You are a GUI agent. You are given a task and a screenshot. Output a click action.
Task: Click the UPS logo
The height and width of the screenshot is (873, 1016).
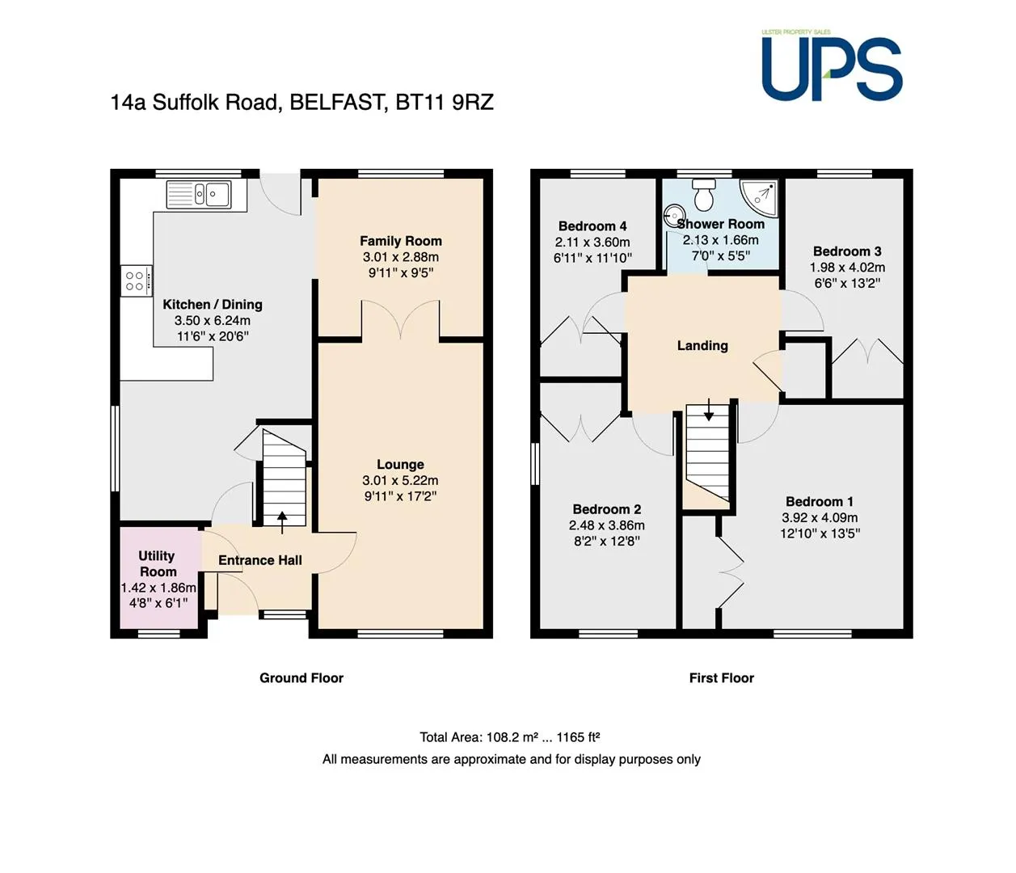click(x=832, y=66)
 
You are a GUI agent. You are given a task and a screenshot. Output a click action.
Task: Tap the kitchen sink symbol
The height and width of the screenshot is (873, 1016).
click(x=199, y=195)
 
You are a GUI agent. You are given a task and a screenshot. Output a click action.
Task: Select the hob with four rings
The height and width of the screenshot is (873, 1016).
click(x=136, y=280)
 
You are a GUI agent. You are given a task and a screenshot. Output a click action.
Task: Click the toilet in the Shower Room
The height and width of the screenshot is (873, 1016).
click(x=704, y=194)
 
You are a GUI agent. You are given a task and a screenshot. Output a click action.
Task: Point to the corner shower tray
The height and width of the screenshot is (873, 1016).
click(x=760, y=197)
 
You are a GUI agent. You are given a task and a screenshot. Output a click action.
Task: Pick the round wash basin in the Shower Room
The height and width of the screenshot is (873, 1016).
click(x=674, y=216)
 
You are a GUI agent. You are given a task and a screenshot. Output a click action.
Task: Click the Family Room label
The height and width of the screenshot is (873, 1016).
click(x=401, y=241)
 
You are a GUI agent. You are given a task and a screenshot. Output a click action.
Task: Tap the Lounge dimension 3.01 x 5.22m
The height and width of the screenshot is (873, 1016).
click(x=400, y=480)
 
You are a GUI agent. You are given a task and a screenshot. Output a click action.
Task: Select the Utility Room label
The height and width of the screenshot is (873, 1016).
click(x=158, y=564)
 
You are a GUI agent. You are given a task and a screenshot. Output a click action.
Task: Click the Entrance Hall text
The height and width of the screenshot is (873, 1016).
click(x=260, y=560)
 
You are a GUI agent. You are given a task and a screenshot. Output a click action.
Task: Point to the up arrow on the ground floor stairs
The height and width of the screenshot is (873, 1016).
click(x=282, y=522)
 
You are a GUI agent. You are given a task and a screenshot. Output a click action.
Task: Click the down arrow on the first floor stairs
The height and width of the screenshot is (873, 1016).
click(x=709, y=410)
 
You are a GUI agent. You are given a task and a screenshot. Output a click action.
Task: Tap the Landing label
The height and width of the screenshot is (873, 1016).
click(x=702, y=346)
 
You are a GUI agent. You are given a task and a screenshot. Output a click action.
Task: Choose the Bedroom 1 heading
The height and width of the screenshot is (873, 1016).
click(x=820, y=501)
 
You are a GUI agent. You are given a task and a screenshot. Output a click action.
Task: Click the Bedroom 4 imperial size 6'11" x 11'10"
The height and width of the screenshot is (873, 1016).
click(x=592, y=258)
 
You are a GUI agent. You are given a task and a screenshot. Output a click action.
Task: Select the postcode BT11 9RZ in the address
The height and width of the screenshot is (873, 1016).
click(x=445, y=102)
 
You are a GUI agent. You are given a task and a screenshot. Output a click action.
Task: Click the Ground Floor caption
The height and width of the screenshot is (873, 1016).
click(x=301, y=678)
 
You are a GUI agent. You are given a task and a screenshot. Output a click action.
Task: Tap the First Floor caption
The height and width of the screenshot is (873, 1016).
click(x=721, y=678)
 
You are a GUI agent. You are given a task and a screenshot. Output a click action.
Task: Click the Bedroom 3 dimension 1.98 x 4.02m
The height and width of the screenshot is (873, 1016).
click(x=847, y=268)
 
